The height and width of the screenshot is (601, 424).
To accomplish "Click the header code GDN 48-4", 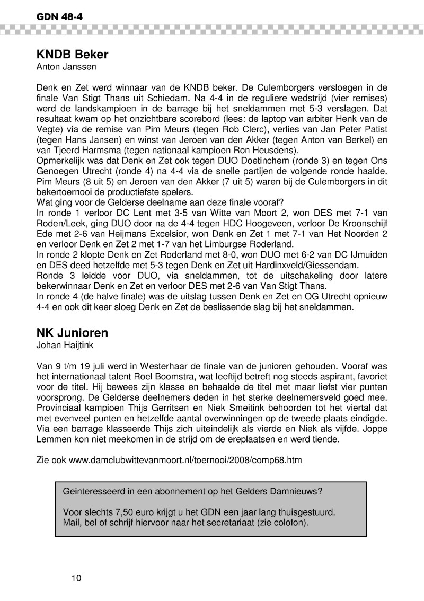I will tap(59, 17).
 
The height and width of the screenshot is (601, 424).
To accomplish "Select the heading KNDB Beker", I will tap(73, 55).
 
